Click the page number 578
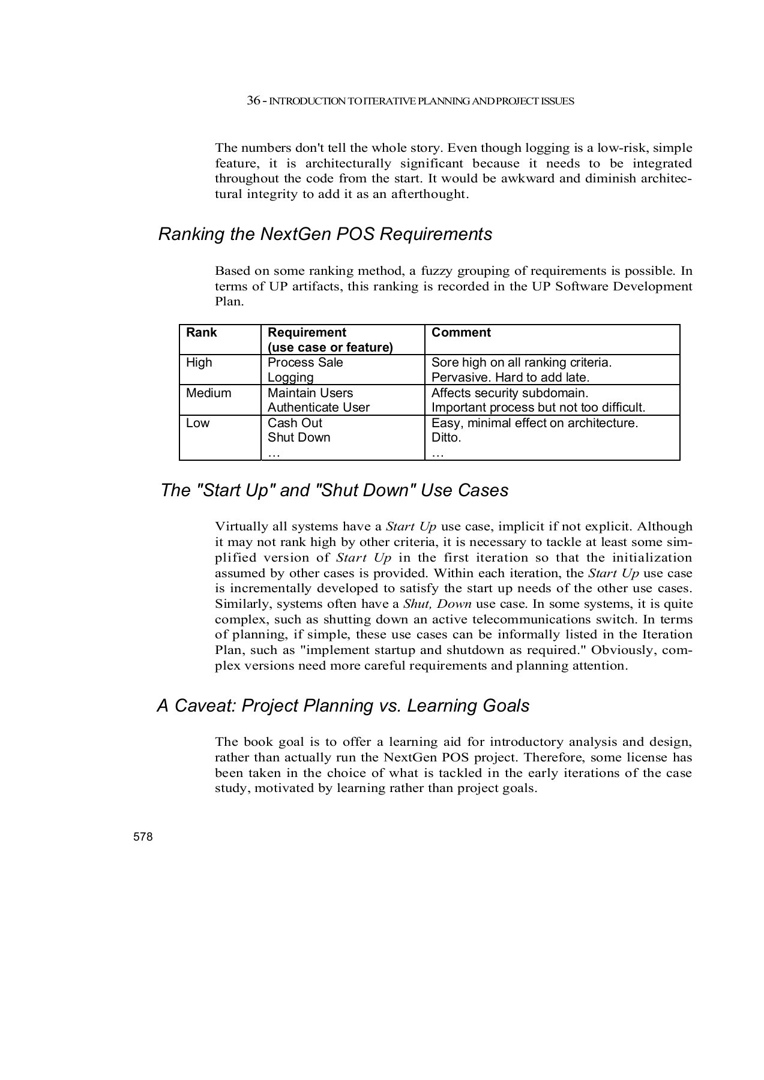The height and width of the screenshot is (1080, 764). click(x=143, y=837)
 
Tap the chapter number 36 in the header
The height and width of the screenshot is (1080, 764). click(x=253, y=101)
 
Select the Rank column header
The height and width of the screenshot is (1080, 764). click(x=202, y=333)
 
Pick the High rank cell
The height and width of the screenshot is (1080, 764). click(x=199, y=363)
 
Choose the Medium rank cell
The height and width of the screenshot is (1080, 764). click(x=208, y=393)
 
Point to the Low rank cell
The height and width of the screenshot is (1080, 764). click(x=197, y=423)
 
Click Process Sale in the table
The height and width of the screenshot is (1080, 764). click(x=305, y=362)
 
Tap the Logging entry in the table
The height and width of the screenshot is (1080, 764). click(x=290, y=377)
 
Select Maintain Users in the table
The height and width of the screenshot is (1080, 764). click(x=310, y=393)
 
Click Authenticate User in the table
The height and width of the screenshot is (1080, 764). click(x=318, y=407)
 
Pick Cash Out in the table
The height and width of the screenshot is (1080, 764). click(x=295, y=423)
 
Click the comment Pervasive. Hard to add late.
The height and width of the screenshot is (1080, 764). click(x=510, y=377)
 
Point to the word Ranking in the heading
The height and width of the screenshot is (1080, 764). click(x=191, y=234)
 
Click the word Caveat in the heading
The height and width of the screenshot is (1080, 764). click(x=202, y=706)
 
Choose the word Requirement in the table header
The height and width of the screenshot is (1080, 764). click(x=307, y=333)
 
